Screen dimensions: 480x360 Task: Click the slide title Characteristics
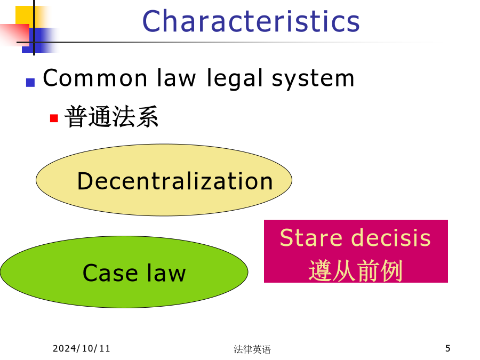[251, 21]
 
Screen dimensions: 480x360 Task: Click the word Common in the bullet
[95, 78]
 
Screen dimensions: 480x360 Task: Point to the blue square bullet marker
[30, 83]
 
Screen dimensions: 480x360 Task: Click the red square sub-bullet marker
[54, 118]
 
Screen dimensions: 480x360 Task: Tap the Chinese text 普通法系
[111, 117]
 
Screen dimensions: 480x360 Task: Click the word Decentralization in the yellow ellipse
[175, 181]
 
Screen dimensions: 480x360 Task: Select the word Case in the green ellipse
[110, 273]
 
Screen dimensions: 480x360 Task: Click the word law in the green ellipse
[166, 273]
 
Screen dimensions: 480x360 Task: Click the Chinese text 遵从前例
[355, 270]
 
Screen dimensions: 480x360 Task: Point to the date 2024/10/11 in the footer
[82, 348]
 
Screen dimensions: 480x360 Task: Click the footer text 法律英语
[252, 349]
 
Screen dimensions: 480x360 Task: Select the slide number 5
[447, 348]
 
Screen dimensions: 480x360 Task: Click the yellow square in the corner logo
[25, 15]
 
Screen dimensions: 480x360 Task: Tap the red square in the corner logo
[15, 35]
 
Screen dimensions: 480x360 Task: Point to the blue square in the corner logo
[40, 40]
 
